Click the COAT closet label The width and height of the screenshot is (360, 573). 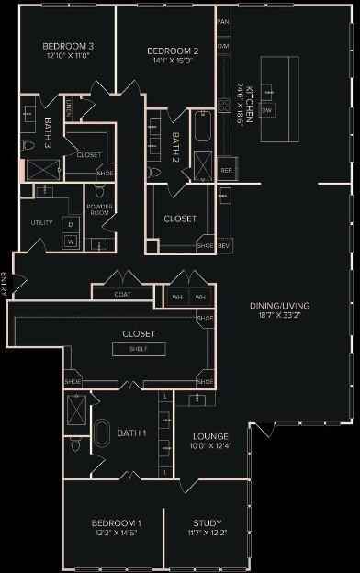pyautogui.click(x=122, y=295)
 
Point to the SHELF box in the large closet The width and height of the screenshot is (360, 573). pyautogui.click(x=140, y=349)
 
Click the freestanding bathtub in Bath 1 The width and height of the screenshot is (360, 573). pyautogui.click(x=103, y=434)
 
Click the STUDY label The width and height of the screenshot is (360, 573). pyautogui.click(x=207, y=522)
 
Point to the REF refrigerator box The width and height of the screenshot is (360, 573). pyautogui.click(x=226, y=170)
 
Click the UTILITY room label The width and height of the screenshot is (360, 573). pyautogui.click(x=42, y=223)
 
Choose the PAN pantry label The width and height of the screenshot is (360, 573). pyautogui.click(x=222, y=20)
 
